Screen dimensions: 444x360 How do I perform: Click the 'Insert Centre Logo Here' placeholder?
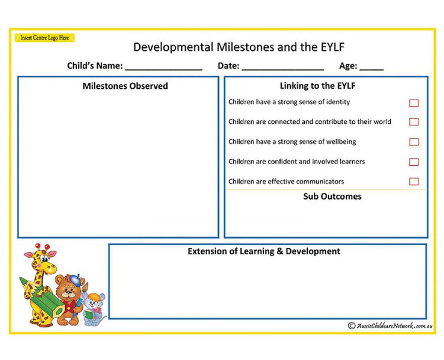(x=44, y=37)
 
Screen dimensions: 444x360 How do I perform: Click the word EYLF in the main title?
(x=333, y=47)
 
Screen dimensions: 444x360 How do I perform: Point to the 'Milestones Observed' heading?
(x=125, y=86)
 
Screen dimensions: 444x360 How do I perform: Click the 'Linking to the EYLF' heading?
(x=317, y=86)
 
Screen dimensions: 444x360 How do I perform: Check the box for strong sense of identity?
(x=414, y=103)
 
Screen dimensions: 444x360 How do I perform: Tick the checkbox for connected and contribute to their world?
(x=414, y=122)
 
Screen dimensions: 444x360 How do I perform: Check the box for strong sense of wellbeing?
(x=414, y=142)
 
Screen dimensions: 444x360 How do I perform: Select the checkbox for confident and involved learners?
(x=414, y=162)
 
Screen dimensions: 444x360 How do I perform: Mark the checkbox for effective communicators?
(x=414, y=181)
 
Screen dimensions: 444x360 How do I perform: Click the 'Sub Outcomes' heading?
(x=333, y=196)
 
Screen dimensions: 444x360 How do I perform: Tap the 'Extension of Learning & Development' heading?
(x=264, y=252)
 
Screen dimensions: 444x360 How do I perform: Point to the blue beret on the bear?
(x=75, y=280)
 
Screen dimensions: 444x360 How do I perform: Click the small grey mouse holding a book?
(x=93, y=309)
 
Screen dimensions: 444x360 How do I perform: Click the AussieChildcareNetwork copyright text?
(x=390, y=326)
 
